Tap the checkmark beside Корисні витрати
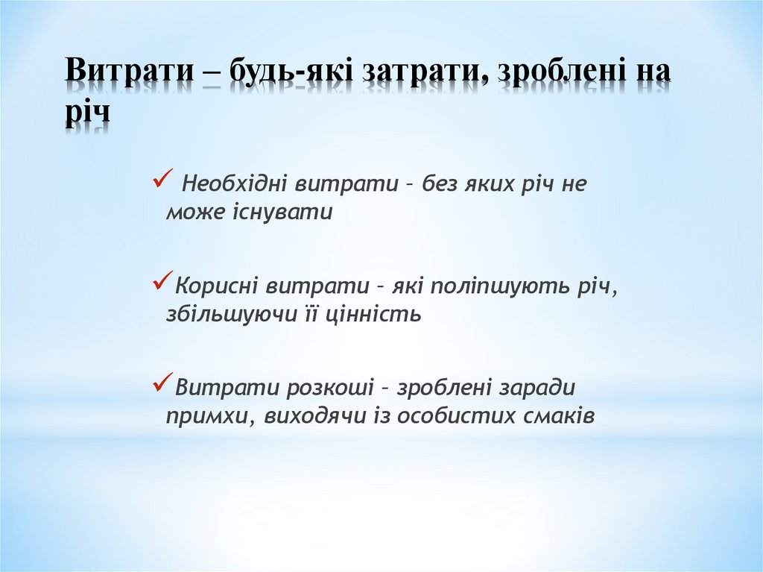pos(162,281)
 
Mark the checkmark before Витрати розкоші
pos(162,383)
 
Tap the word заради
pos(539,389)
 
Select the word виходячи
pos(313,417)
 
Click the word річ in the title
pos(86,113)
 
